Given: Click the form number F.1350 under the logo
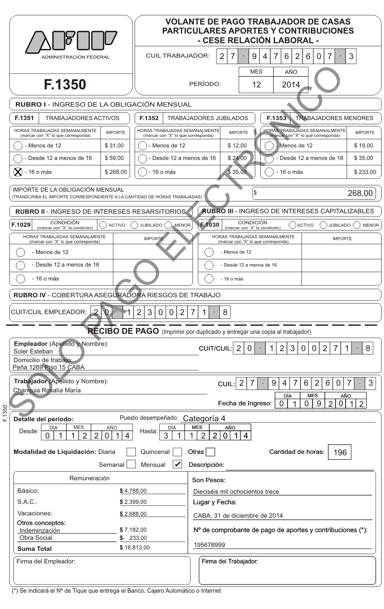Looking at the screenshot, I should point(65,85).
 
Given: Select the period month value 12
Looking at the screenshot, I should point(256,85).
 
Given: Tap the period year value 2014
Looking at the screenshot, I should point(291,85).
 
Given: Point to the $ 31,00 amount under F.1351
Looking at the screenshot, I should point(114,146).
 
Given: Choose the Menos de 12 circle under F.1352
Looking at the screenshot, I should point(143,146).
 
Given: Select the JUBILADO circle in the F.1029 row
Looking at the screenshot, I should point(135,224).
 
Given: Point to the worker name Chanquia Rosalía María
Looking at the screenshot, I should point(47,390).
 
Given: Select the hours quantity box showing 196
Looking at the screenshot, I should point(340,452).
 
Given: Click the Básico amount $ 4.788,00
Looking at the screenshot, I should point(133,491).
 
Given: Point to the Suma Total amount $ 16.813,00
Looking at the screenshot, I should point(134,547).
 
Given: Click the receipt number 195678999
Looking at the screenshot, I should point(209,545).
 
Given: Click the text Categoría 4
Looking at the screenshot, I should point(204,418).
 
